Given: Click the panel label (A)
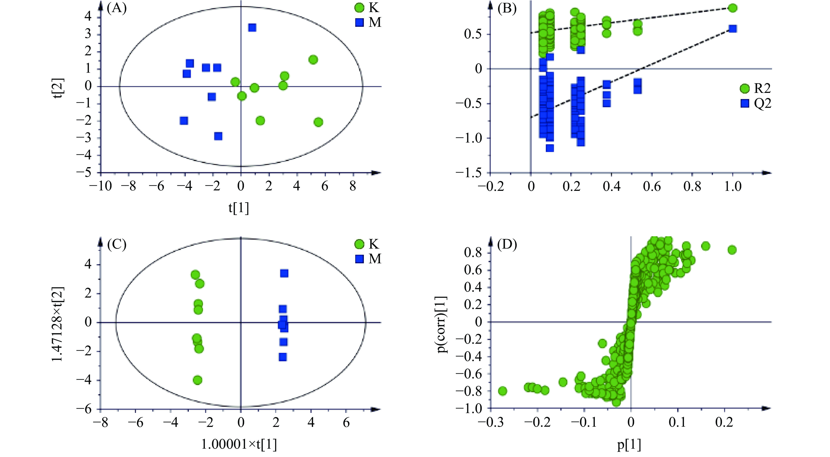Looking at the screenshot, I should coord(117,8).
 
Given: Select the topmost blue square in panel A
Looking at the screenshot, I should coord(252,28).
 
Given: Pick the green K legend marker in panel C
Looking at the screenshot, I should coord(359,244).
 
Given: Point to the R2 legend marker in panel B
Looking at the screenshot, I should coord(745,88).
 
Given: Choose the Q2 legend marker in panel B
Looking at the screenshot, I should coord(745,103).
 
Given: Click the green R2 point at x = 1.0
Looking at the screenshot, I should coord(732,8).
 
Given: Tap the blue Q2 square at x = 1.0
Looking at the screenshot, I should coord(732,29).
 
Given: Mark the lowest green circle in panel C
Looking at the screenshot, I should coord(198,380).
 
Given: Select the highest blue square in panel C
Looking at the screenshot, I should coord(284,273).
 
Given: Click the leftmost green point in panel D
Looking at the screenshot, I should coord(503,391).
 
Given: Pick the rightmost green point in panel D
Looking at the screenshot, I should coord(732,250).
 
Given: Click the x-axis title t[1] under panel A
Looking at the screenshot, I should coord(239,208).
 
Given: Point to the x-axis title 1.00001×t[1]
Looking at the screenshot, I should coord(239,444).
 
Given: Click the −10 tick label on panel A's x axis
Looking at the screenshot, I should coord(101,186).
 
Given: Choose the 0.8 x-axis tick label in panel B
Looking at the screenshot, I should coord(692,186).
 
